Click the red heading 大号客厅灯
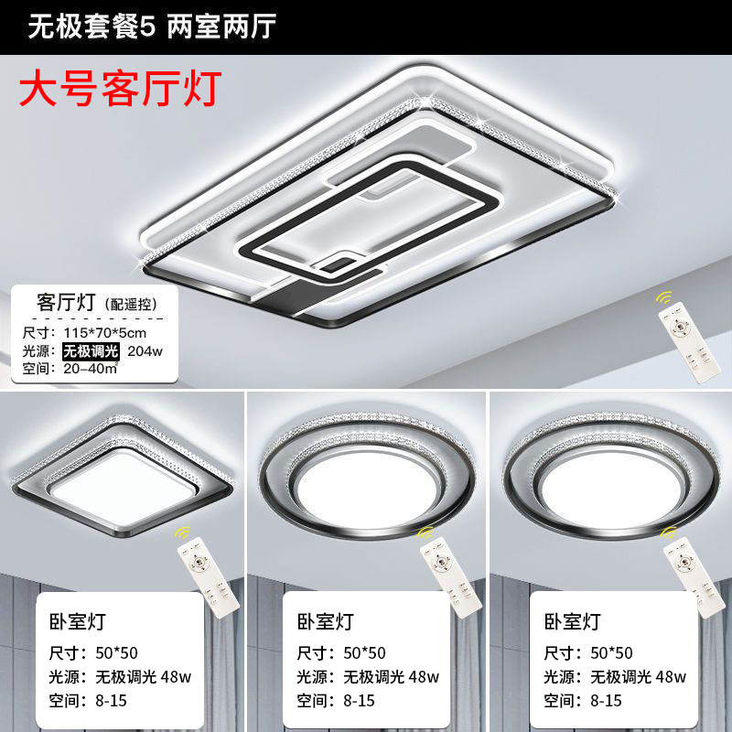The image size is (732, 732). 120,89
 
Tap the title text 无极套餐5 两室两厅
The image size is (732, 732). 152,27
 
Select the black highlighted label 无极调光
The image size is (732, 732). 91,351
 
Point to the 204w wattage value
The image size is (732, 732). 145,351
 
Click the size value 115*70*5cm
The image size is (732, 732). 105,333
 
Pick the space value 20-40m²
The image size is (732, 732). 91,369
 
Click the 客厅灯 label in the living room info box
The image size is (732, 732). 66,303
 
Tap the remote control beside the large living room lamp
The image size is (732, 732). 683,342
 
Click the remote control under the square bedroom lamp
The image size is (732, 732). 209,577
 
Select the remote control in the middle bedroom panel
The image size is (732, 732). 450,577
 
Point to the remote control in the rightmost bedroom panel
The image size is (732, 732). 694,577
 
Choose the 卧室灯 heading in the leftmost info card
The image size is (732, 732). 78,621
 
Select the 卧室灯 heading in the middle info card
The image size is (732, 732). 326,621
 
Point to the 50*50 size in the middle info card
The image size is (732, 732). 364,653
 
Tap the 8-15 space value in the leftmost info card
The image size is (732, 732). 111,701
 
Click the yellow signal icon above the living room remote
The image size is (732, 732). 663,297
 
